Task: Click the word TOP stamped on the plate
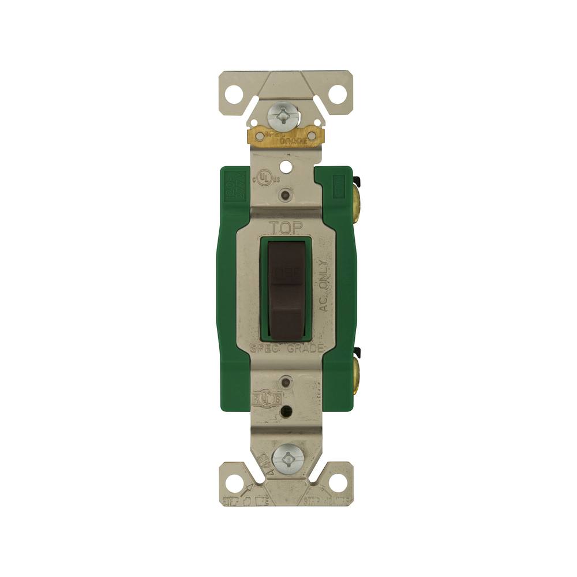(287, 228)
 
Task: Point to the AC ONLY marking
(324, 286)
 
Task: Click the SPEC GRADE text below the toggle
(287, 348)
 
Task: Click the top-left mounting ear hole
(234, 93)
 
